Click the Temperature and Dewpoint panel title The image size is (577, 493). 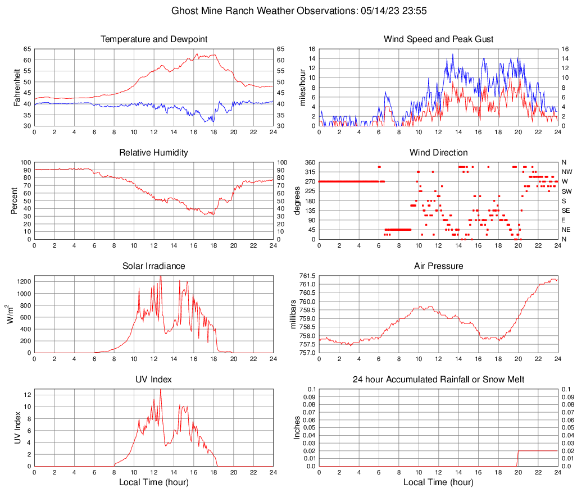[x=153, y=39]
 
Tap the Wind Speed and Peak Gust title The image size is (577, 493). [x=438, y=39]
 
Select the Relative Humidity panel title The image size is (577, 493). [x=153, y=153]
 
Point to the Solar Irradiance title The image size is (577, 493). [x=153, y=266]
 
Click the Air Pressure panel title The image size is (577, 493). [x=438, y=266]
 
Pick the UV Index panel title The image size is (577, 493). [x=153, y=380]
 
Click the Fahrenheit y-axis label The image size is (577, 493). [x=16, y=87]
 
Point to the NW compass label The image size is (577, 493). [x=566, y=172]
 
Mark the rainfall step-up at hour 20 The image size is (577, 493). [x=517, y=451]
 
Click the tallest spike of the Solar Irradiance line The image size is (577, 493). [x=161, y=276]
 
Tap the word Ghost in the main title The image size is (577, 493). [x=184, y=11]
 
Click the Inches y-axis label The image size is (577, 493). [x=297, y=428]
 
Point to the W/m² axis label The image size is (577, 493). [x=11, y=314]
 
